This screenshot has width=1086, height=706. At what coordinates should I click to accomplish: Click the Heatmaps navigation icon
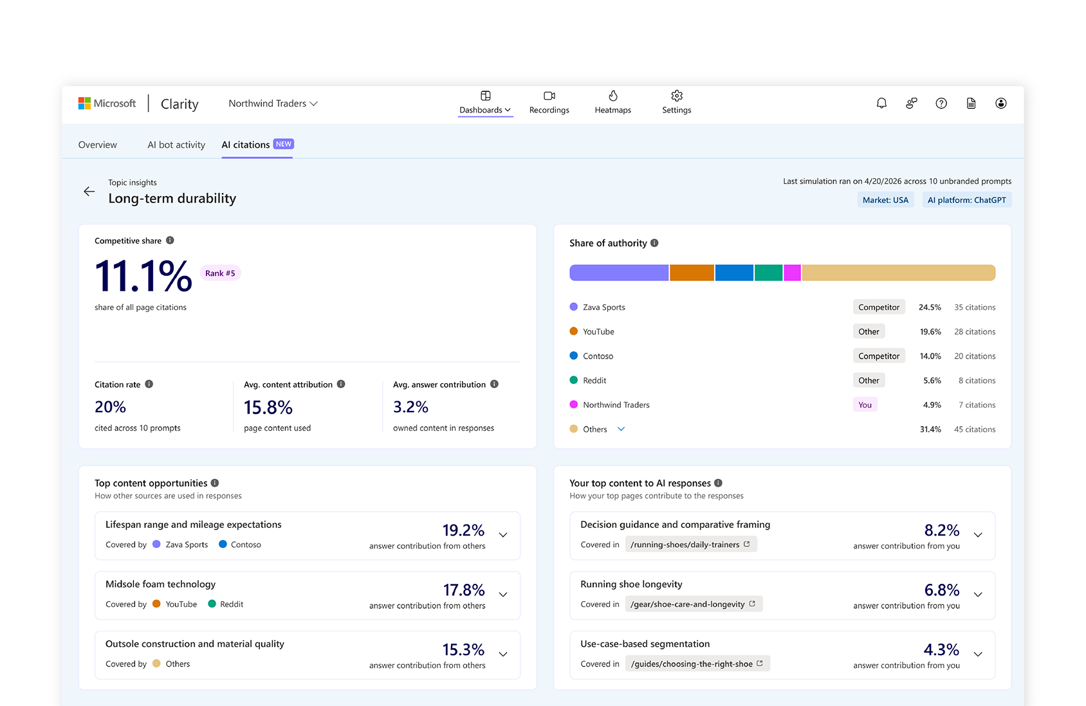point(612,96)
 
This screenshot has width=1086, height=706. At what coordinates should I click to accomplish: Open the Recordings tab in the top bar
point(549,102)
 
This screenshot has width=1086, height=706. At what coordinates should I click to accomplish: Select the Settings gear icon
point(676,96)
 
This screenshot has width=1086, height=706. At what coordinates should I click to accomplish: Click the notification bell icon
point(881,103)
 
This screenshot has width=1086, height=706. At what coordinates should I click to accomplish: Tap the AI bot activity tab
point(176,145)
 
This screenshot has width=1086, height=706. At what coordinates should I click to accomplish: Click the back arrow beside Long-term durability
point(89,192)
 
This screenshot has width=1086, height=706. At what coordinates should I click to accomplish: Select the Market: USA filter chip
point(885,200)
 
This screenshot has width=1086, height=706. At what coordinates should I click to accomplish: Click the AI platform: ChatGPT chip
point(966,200)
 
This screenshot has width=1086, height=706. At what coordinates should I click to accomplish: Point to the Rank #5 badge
point(220,273)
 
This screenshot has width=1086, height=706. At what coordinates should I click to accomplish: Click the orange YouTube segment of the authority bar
point(692,273)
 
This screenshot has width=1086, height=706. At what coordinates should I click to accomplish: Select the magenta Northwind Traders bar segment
point(792,273)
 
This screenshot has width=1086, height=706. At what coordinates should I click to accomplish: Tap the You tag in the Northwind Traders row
point(865,404)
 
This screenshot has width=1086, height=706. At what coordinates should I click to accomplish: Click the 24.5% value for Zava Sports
point(930,307)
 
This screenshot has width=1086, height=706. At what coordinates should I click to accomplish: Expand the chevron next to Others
point(621,429)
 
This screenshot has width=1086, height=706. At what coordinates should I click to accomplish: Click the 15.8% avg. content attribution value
point(268,407)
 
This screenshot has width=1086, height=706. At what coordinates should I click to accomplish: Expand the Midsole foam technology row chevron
point(503,595)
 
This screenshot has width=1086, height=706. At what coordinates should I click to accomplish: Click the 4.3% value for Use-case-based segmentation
point(941,649)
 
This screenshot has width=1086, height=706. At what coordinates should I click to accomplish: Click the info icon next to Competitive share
point(170,240)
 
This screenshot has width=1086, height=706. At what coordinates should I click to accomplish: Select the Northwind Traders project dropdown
point(273,104)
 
